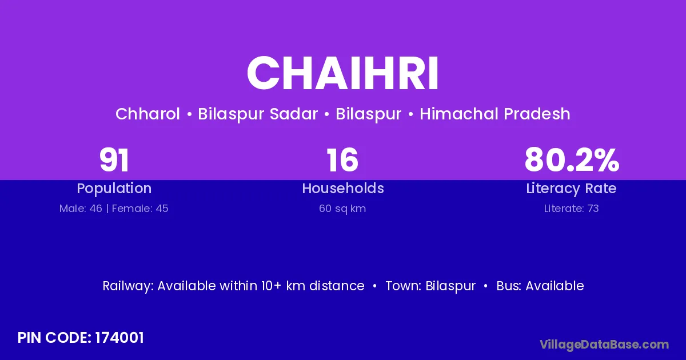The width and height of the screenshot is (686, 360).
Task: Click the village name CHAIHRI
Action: pos(342,73)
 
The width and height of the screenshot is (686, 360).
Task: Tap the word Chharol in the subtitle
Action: pos(147,114)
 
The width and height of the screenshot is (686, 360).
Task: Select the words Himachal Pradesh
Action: pos(495,114)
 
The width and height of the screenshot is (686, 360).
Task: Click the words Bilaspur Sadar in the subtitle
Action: pos(258,114)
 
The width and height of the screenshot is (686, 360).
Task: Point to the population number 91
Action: pos(114,160)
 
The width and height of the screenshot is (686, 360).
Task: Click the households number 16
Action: pos(342,160)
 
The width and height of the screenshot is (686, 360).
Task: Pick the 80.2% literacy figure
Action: pos(572,160)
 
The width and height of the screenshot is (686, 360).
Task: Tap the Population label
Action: pos(114,189)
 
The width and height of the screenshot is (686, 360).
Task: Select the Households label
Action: pos(343,188)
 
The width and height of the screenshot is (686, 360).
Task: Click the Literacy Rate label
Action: pos(571,189)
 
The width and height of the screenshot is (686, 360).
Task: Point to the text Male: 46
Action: pos(81,209)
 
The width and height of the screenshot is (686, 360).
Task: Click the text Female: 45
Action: pos(140,209)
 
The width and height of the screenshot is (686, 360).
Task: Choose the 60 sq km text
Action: pos(342,209)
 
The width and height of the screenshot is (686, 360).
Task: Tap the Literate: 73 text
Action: pos(572,209)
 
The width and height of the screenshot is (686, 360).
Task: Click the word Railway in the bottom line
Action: pos(128,286)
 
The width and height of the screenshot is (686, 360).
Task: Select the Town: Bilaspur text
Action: pos(430,286)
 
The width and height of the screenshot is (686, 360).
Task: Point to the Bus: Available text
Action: pos(540,286)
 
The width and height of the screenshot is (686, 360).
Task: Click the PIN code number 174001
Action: pos(119,338)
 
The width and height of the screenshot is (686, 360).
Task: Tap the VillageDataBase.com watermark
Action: pos(604,345)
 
